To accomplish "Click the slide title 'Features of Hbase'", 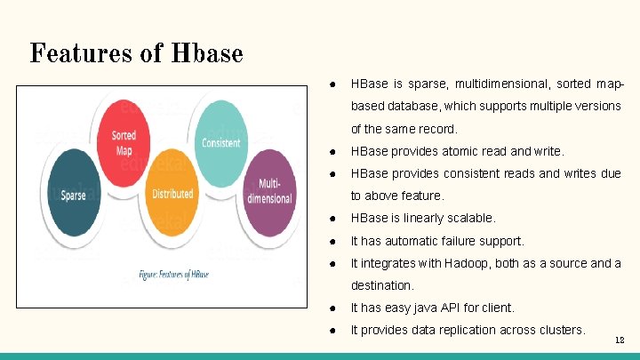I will point(136,53).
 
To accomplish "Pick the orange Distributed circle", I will point(172,192).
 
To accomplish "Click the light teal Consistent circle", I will point(221,141).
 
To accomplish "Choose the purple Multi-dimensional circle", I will point(268,192).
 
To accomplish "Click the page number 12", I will point(620,340).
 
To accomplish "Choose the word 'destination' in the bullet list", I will point(381,286).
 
